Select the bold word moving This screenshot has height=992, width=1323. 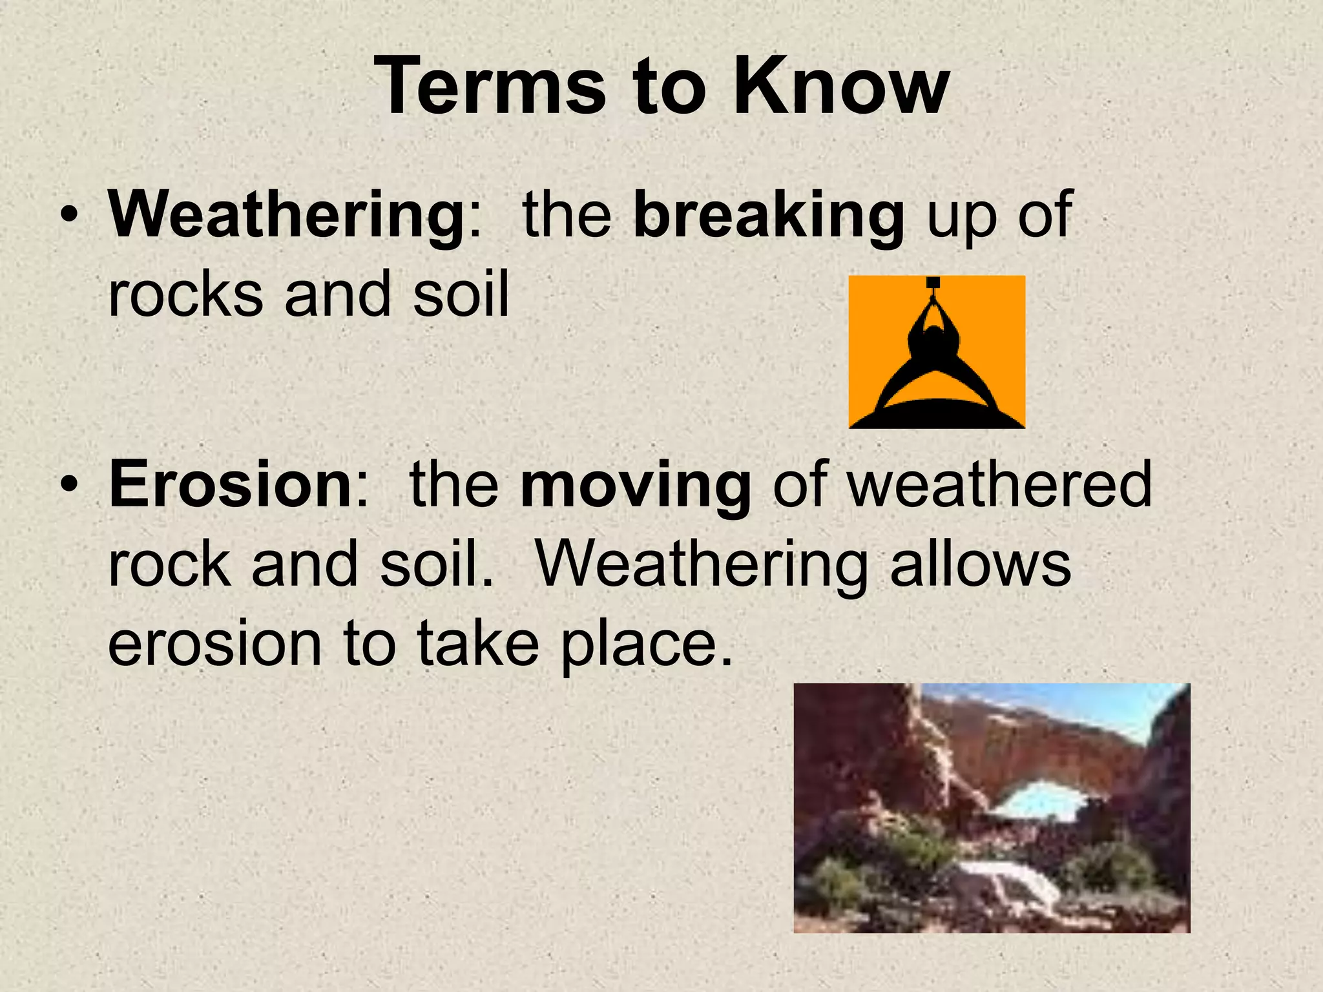[x=636, y=486]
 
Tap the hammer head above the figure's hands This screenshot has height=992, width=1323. [x=932, y=282]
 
